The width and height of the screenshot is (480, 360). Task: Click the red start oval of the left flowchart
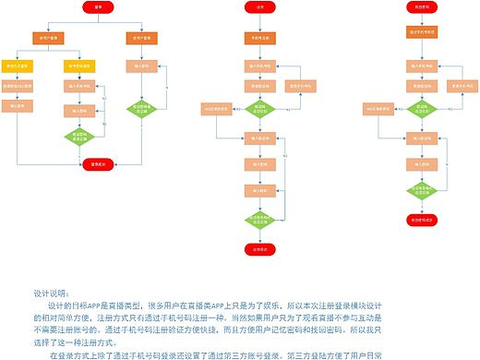pyautogui.click(x=98, y=7)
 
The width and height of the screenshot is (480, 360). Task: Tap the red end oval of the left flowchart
pyautogui.click(x=99, y=164)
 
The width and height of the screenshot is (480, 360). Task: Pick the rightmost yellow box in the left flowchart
pyautogui.click(x=77, y=66)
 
